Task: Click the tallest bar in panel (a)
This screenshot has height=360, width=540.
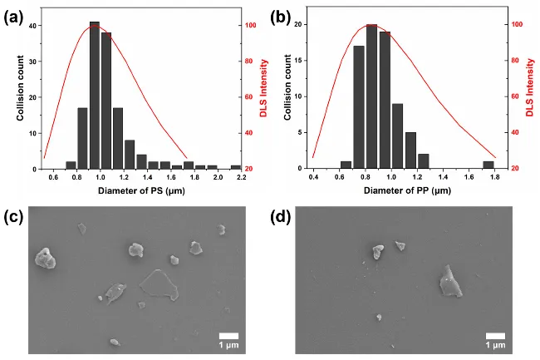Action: click(94, 95)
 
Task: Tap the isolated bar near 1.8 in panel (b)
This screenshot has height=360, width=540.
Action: click(488, 165)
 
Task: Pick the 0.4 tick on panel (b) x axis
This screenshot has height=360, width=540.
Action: click(313, 176)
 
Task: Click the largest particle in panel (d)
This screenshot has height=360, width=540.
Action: click(451, 281)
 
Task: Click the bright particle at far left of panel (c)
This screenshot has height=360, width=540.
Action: click(46, 260)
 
